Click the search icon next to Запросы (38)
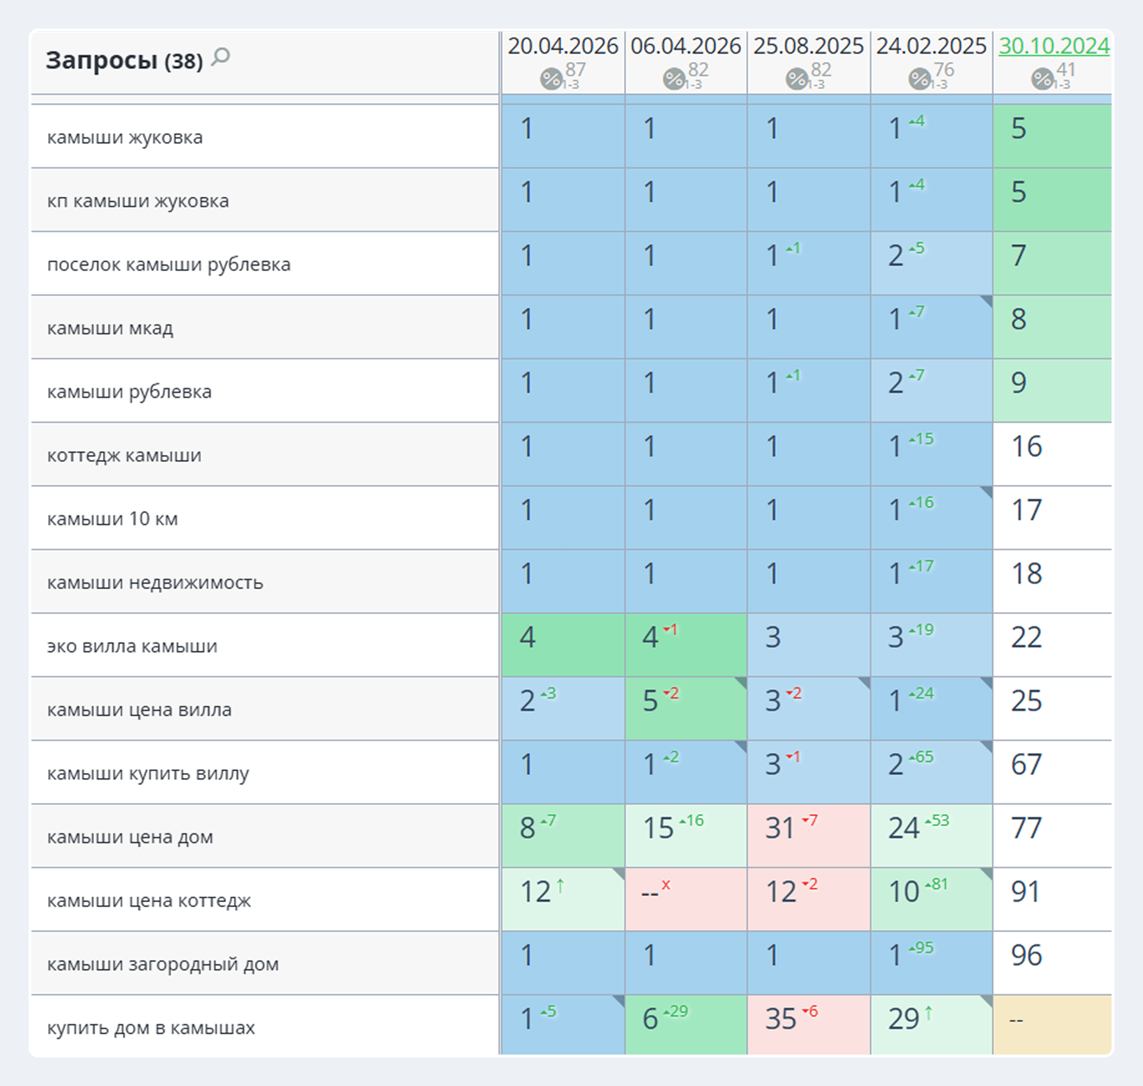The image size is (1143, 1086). (221, 57)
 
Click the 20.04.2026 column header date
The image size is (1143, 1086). (563, 46)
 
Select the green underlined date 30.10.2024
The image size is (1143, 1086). (1054, 46)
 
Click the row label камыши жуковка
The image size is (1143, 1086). (125, 137)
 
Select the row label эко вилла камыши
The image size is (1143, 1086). (132, 645)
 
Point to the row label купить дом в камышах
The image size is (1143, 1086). (151, 1027)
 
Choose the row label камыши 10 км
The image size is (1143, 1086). (112, 519)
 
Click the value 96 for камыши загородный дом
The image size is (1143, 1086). (1026, 955)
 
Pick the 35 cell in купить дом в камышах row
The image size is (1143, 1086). (781, 1018)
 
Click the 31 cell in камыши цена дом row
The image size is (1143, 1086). (780, 827)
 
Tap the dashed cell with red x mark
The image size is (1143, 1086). (686, 899)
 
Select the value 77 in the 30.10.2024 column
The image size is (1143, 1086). (1026, 827)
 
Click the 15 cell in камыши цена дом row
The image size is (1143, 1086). (658, 827)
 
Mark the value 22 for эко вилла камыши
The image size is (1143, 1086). (1026, 637)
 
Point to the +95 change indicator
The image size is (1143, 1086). (921, 948)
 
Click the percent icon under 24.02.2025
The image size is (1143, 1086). (919, 78)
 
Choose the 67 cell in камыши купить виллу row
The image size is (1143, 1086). (1026, 764)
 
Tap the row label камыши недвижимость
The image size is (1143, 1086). (155, 583)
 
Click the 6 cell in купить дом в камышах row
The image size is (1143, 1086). (650, 1018)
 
